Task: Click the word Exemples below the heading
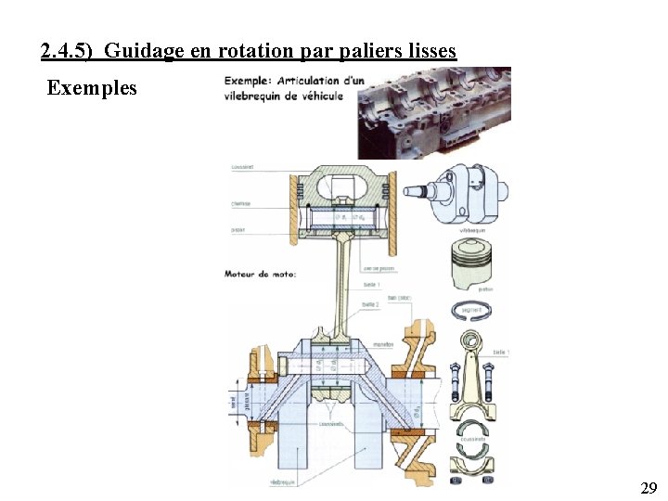(92, 88)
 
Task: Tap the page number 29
(649, 488)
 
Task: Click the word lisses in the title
(430, 51)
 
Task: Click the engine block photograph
(434, 112)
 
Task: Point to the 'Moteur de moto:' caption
(261, 274)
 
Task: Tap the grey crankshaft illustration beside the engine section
(463, 192)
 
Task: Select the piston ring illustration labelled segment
(477, 314)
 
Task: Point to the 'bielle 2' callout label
(370, 303)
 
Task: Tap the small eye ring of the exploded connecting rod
(472, 342)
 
